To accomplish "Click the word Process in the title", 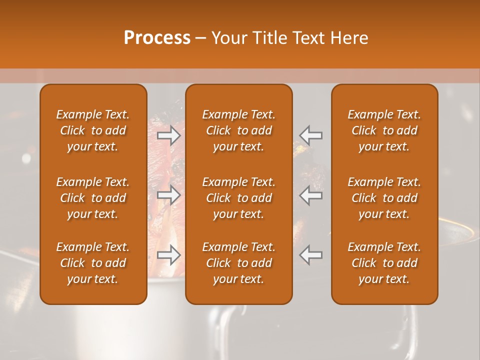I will pyautogui.click(x=157, y=38).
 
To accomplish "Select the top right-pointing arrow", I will pyautogui.click(x=168, y=135).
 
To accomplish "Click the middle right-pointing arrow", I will pyautogui.click(x=168, y=195).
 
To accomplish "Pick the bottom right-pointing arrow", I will pyautogui.click(x=168, y=255).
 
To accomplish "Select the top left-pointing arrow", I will pyautogui.click(x=311, y=135).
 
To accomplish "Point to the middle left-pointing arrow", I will pyautogui.click(x=311, y=195).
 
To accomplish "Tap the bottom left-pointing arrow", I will pyautogui.click(x=311, y=255).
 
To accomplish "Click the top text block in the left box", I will pyautogui.click(x=93, y=130).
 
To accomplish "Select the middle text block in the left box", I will pyautogui.click(x=93, y=198).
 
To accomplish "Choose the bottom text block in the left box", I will pyautogui.click(x=93, y=263).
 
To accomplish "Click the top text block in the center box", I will pyautogui.click(x=239, y=130).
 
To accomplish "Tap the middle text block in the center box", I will pyautogui.click(x=239, y=198).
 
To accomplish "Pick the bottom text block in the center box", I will pyautogui.click(x=239, y=263).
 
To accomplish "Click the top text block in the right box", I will pyautogui.click(x=384, y=130).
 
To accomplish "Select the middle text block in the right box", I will pyautogui.click(x=384, y=198).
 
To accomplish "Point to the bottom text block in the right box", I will pyautogui.click(x=384, y=263).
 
